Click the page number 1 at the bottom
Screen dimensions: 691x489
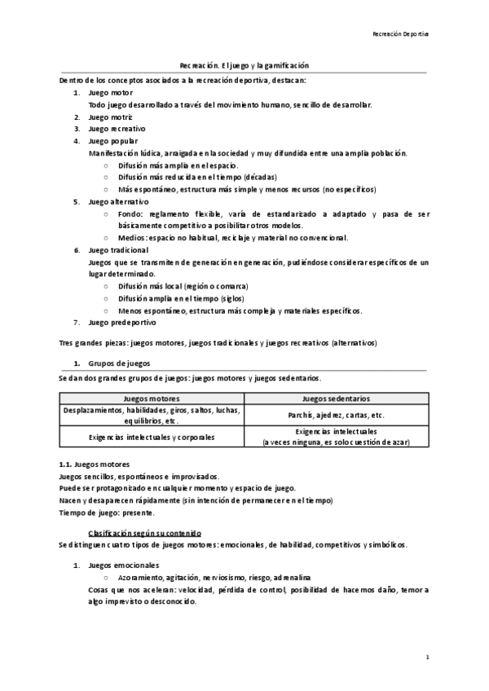coord(427,656)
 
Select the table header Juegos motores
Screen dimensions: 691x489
coord(152,399)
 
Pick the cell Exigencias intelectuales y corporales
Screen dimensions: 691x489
coord(152,437)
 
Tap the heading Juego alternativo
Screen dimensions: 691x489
coord(118,200)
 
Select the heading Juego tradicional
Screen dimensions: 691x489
coord(118,250)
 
